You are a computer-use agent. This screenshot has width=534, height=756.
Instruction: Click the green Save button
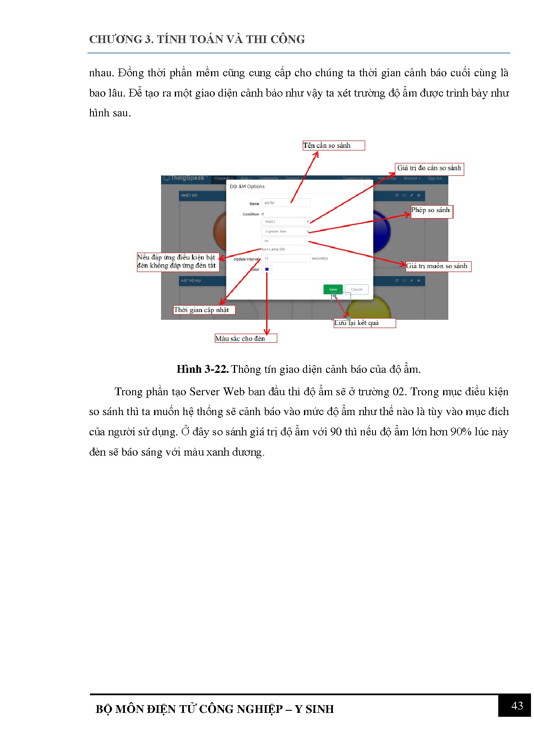333,289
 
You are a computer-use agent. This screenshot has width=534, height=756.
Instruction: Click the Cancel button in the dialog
357,289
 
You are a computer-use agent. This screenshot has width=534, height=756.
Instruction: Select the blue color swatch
267,269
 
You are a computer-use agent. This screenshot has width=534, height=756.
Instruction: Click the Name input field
286,203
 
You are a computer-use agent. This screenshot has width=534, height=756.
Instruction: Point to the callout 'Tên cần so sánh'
333,146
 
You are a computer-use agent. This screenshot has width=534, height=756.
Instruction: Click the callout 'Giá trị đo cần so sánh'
429,169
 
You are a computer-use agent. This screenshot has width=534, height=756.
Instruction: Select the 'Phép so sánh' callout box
432,211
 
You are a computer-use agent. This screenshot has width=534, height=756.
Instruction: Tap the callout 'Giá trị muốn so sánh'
438,266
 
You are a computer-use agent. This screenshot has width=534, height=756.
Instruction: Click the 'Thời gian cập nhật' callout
204,310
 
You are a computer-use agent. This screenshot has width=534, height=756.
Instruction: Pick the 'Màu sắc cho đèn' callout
245,338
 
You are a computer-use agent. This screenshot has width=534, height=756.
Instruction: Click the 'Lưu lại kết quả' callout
364,323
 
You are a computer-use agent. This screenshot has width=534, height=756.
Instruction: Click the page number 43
516,706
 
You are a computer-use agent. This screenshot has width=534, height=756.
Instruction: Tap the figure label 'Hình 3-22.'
202,369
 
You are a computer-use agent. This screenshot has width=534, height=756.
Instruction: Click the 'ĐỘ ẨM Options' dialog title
247,187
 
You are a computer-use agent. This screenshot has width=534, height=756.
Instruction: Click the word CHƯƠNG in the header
115,40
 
